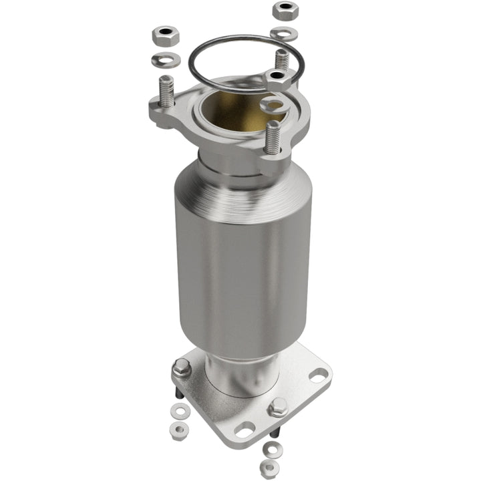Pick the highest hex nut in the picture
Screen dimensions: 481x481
[285, 11]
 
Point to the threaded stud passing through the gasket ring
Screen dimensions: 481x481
[283, 59]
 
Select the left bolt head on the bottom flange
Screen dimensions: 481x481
[180, 367]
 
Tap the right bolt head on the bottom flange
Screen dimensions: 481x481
[277, 407]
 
